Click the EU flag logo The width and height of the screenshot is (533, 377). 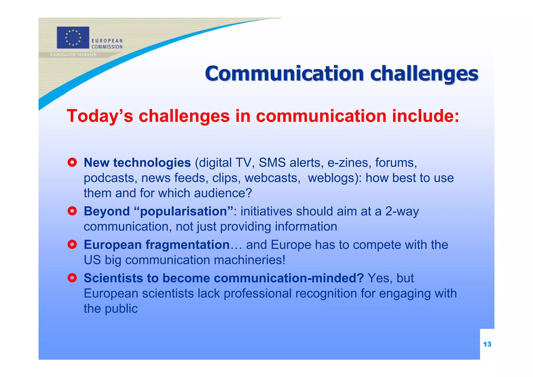pos(73,38)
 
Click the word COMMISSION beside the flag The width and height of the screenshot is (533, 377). pos(107,47)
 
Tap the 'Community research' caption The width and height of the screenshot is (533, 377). pos(73,54)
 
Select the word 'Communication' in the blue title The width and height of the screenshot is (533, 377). pos(284,74)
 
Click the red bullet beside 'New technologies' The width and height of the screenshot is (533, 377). pos(72,162)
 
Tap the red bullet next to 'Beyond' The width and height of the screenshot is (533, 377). pos(72,211)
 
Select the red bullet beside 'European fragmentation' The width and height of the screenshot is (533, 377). pos(72,244)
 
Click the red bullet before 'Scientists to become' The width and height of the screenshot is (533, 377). pos(72,278)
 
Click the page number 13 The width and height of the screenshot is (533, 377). pos(487,344)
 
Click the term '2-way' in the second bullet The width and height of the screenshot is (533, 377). pos(402,211)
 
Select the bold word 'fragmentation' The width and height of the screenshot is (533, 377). pos(187,245)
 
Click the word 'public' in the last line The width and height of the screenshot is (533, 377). pos(121,309)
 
